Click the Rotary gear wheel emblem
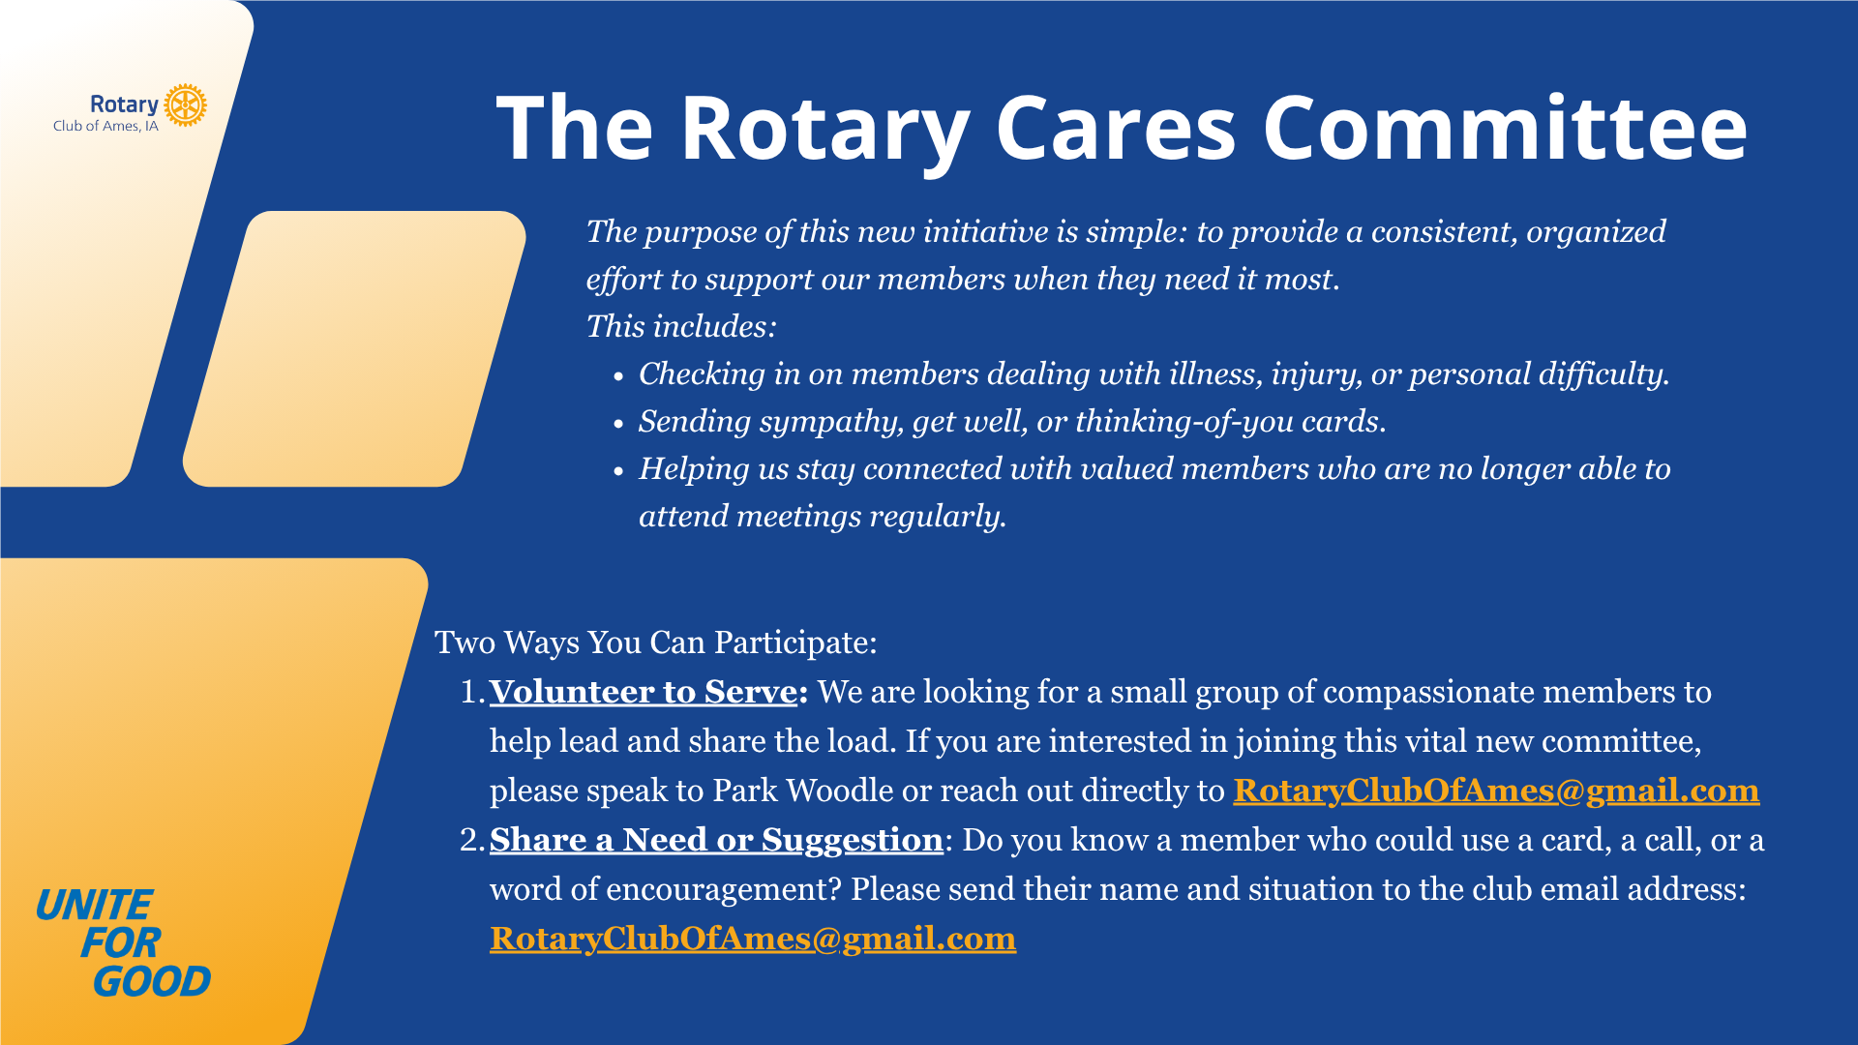coord(185,105)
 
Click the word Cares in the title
coord(1116,128)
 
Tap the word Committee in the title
coord(1506,128)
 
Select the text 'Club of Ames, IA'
coord(105,126)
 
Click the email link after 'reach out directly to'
coord(1496,791)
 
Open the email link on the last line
coord(753,939)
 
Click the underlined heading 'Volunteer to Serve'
coord(644,692)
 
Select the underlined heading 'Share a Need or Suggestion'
coord(716,840)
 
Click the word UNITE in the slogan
coord(94,906)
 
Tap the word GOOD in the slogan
coord(152,982)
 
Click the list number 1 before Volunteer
coord(472,692)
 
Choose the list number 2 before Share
coord(472,840)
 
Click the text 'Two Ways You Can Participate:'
coord(656,643)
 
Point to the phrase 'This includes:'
coord(681,327)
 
